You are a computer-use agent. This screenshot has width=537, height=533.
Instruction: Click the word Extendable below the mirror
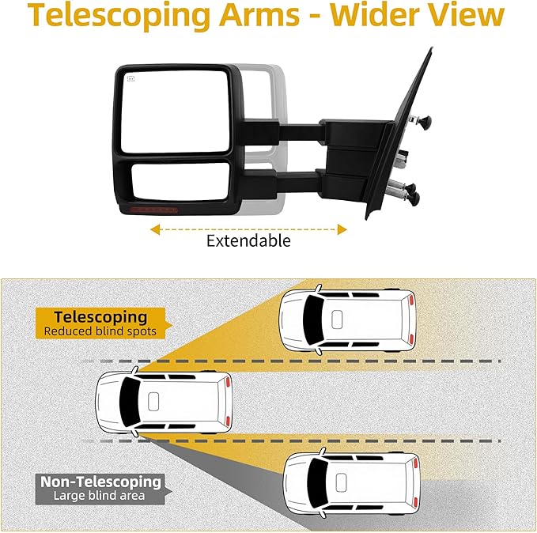(x=248, y=240)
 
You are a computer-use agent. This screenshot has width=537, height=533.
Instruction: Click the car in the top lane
(x=347, y=321)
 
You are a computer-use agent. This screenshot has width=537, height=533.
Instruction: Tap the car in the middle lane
(x=163, y=402)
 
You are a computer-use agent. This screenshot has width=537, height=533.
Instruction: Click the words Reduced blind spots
(x=100, y=332)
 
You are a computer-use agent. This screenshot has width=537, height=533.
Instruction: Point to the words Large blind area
(x=100, y=497)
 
